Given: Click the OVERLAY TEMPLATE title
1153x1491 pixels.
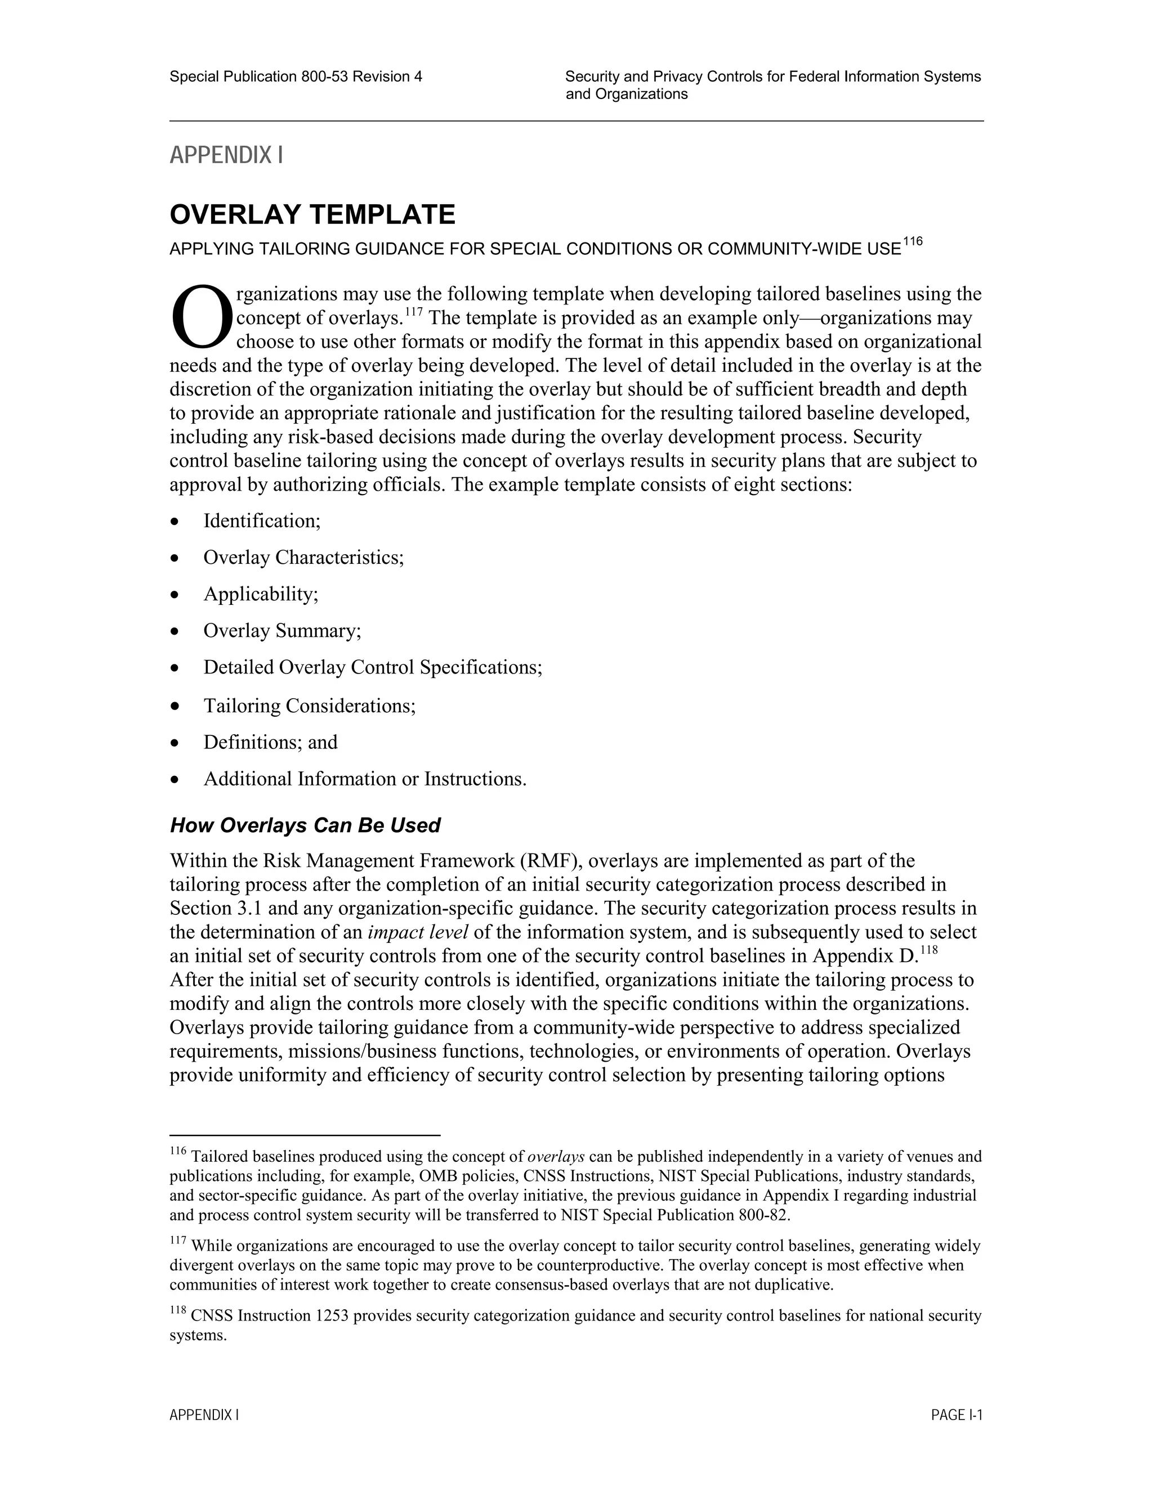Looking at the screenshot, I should tap(312, 215).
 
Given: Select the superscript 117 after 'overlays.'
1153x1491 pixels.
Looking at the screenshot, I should tap(414, 312).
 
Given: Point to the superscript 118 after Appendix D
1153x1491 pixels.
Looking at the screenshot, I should tap(929, 950).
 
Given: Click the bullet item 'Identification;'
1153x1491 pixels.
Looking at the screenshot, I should tap(262, 521).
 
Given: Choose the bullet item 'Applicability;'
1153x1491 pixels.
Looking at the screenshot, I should tap(261, 594).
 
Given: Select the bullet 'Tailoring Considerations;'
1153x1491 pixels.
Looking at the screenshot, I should tap(310, 705).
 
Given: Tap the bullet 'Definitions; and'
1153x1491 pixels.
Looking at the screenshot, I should tap(270, 742).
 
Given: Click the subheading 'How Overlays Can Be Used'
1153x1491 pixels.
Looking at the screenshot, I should tap(305, 825).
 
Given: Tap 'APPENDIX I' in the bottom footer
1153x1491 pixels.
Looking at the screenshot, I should tap(204, 1415).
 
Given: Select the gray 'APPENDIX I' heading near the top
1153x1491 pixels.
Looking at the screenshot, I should tap(226, 156).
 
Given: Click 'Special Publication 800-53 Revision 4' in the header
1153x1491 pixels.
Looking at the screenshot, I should tap(296, 77).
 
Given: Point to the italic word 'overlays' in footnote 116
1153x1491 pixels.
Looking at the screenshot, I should tap(556, 1156).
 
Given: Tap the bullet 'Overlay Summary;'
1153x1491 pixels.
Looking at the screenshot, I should tap(282, 630).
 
